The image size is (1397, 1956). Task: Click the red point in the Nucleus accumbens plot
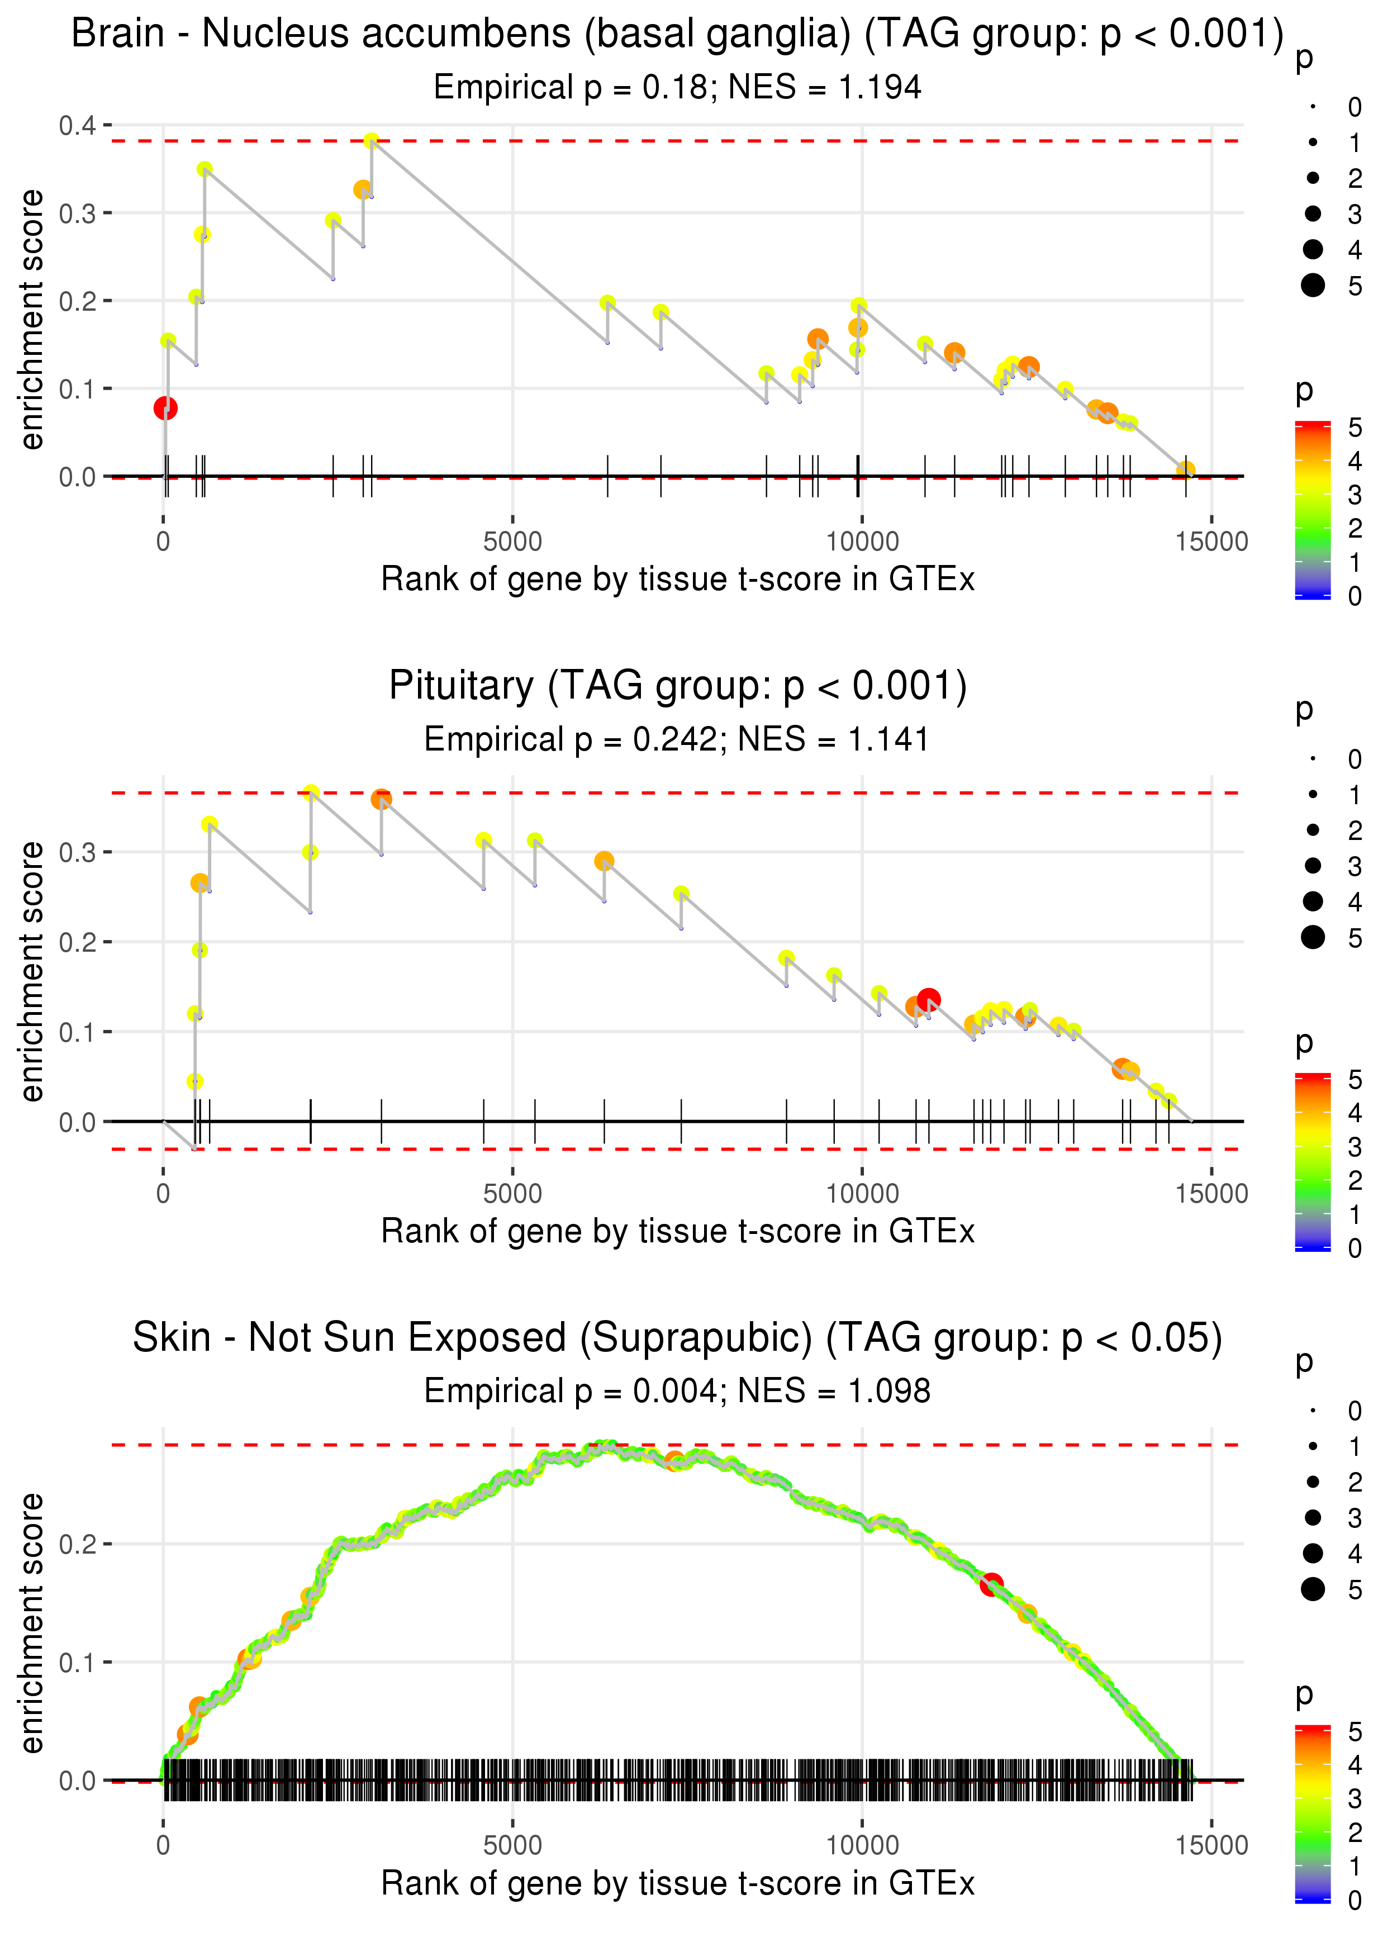pyautogui.click(x=165, y=408)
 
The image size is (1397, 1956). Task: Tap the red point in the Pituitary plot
pyautogui.click(x=928, y=999)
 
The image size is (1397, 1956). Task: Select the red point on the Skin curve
pyautogui.click(x=992, y=1584)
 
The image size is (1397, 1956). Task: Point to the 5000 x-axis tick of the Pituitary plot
pyautogui.click(x=512, y=1193)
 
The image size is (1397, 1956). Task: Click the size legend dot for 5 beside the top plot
pyautogui.click(x=1313, y=284)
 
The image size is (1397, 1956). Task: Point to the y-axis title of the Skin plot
pyautogui.click(x=32, y=1623)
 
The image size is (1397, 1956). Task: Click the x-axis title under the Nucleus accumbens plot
pyautogui.click(x=677, y=579)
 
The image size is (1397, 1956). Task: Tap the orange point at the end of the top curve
pyautogui.click(x=1185, y=469)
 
